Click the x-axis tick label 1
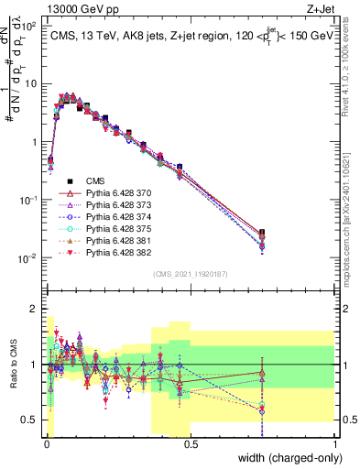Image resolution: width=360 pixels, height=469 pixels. [336, 443]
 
